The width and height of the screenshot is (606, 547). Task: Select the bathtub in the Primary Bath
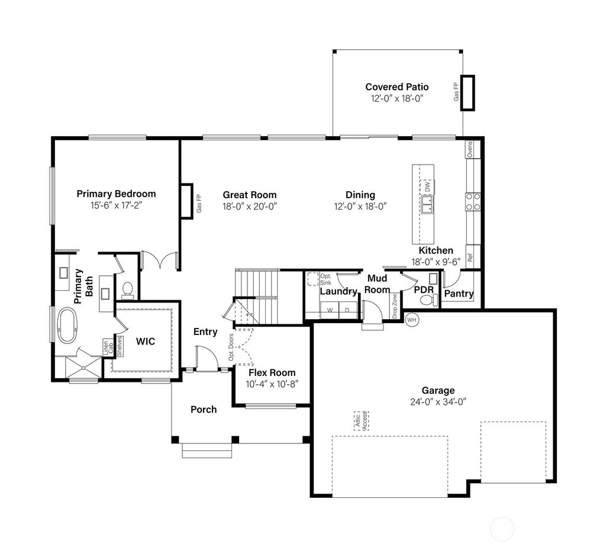pos(70,326)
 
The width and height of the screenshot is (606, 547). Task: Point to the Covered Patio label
pos(397,87)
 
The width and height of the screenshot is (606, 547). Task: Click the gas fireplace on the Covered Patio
pos(468,93)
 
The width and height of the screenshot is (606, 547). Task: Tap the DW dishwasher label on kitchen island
pos(427,186)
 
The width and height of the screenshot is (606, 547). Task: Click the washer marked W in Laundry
pos(330,310)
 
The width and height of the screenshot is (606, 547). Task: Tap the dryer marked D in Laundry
pos(347,310)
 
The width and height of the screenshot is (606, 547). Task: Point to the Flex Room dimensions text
pos(272,384)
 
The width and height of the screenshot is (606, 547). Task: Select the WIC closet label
pos(146,342)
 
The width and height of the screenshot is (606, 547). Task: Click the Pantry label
pos(459,293)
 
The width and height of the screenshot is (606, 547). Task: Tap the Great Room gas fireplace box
pos(186,201)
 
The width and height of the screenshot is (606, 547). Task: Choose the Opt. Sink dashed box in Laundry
pos(313,279)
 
